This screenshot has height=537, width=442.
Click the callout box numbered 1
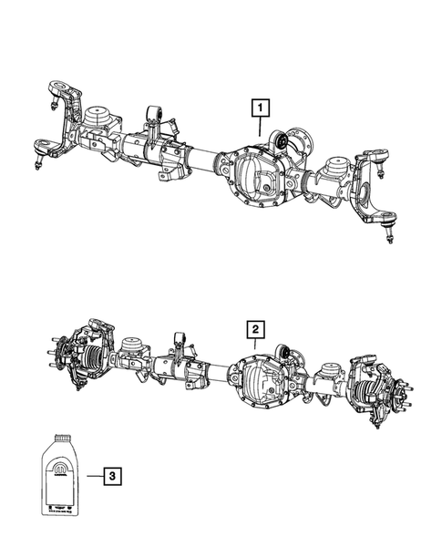click(x=261, y=108)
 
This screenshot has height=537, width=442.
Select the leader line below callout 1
click(x=261, y=127)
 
